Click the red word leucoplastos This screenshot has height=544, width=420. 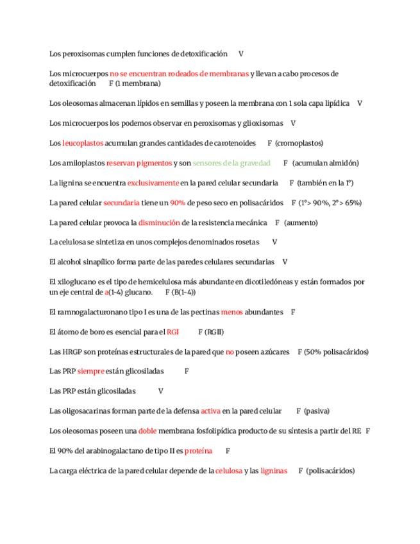[x=82, y=143]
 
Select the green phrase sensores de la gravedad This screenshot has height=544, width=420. [x=231, y=163]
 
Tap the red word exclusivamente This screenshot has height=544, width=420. [x=153, y=183]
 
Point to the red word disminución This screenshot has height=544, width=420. [x=159, y=223]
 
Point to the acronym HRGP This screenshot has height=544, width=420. [x=71, y=352]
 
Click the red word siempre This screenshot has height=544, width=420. [x=90, y=371]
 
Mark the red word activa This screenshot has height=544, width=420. [x=210, y=411]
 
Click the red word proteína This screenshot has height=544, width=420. [x=198, y=450]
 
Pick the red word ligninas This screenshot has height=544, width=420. [x=274, y=470]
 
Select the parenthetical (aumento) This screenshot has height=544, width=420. [x=301, y=223]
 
